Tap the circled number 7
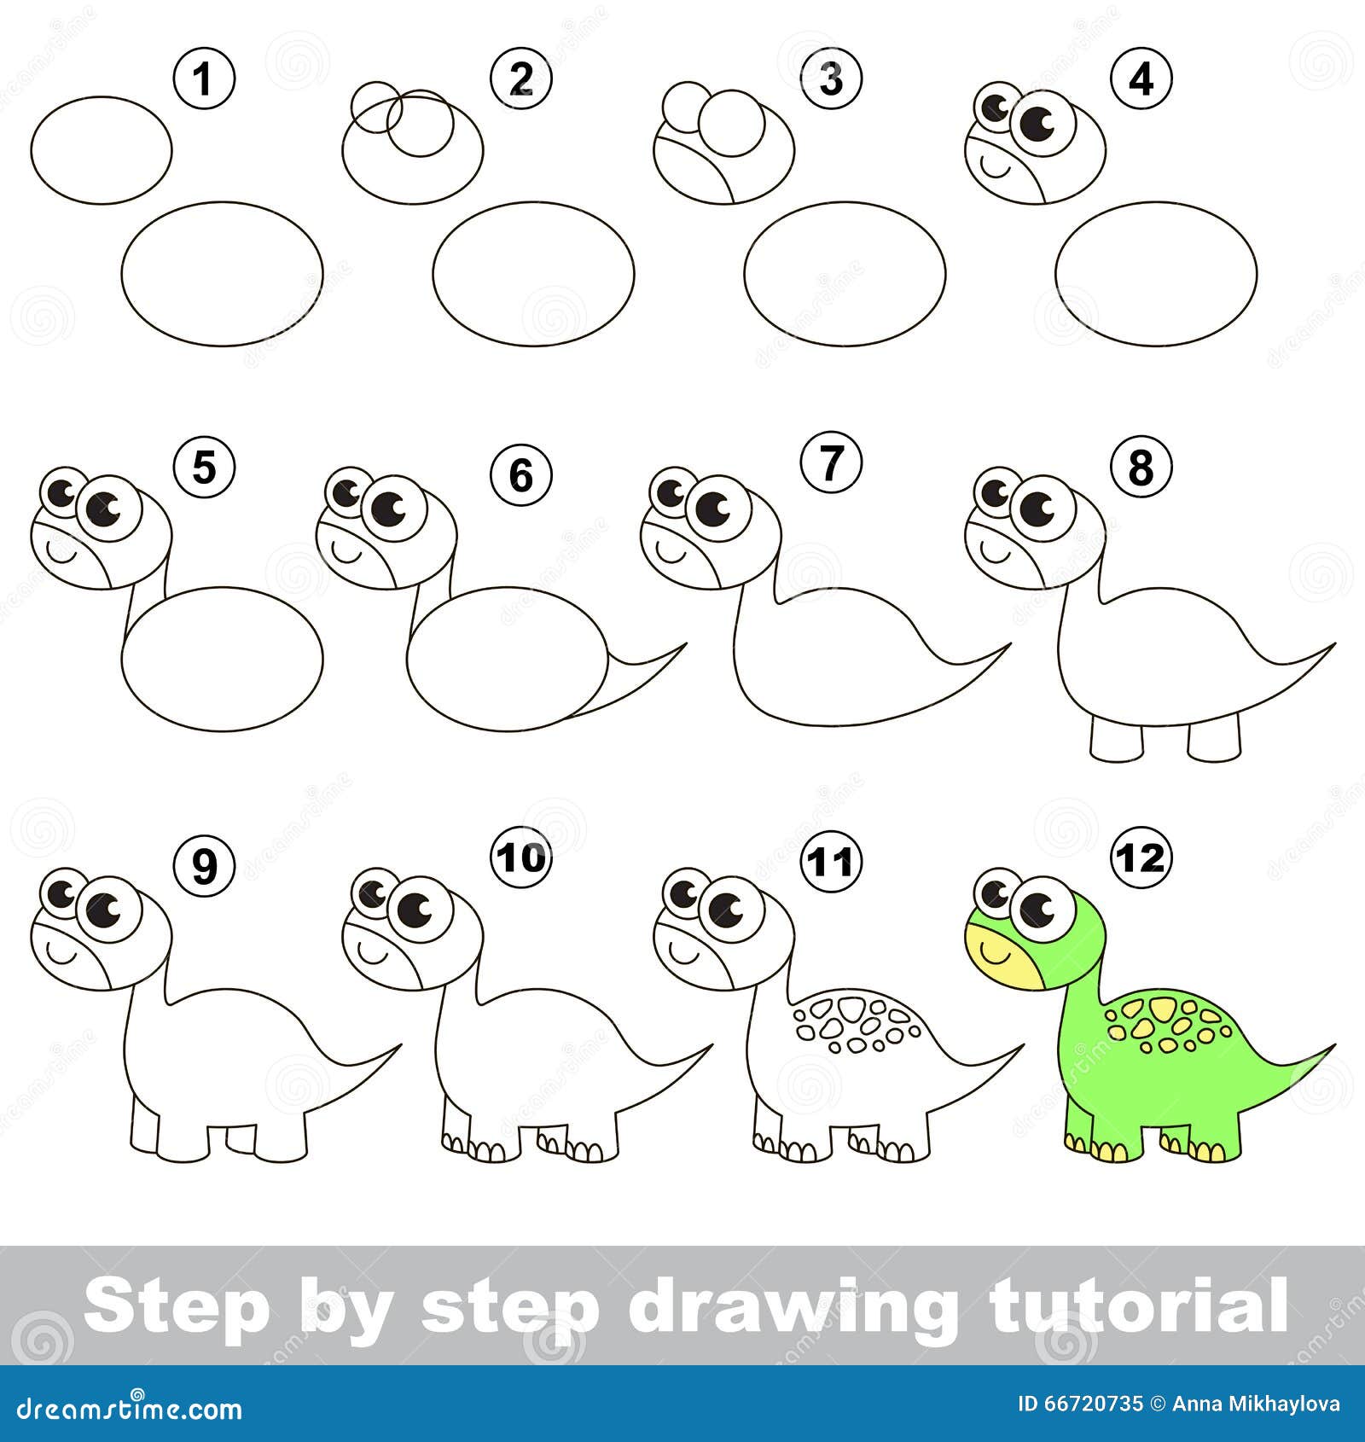(x=831, y=464)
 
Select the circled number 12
(x=1141, y=858)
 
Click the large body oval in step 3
(x=844, y=274)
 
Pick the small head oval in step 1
(x=102, y=150)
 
